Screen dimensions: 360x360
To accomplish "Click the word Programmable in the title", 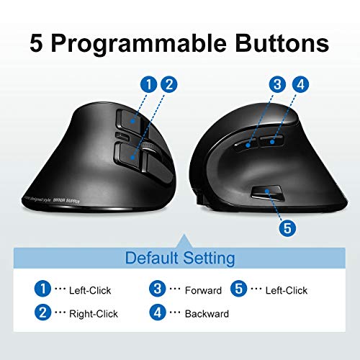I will pyautogui.click(x=159, y=42).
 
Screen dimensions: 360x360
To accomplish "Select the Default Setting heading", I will pyautogui.click(x=179, y=257).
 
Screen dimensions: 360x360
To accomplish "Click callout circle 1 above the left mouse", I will pyautogui.click(x=148, y=84).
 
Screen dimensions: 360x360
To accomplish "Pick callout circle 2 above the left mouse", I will pyautogui.click(x=169, y=84).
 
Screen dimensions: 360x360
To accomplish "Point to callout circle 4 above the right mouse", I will pyautogui.click(x=300, y=84).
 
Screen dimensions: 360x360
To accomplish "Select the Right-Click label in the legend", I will pyautogui.click(x=93, y=313).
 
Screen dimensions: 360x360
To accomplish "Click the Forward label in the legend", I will pyautogui.click(x=202, y=290).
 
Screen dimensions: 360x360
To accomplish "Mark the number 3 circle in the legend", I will pyautogui.click(x=157, y=289).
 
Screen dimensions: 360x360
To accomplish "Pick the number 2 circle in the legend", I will pyautogui.click(x=43, y=312).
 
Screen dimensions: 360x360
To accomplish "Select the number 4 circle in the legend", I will pyautogui.click(x=157, y=312).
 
